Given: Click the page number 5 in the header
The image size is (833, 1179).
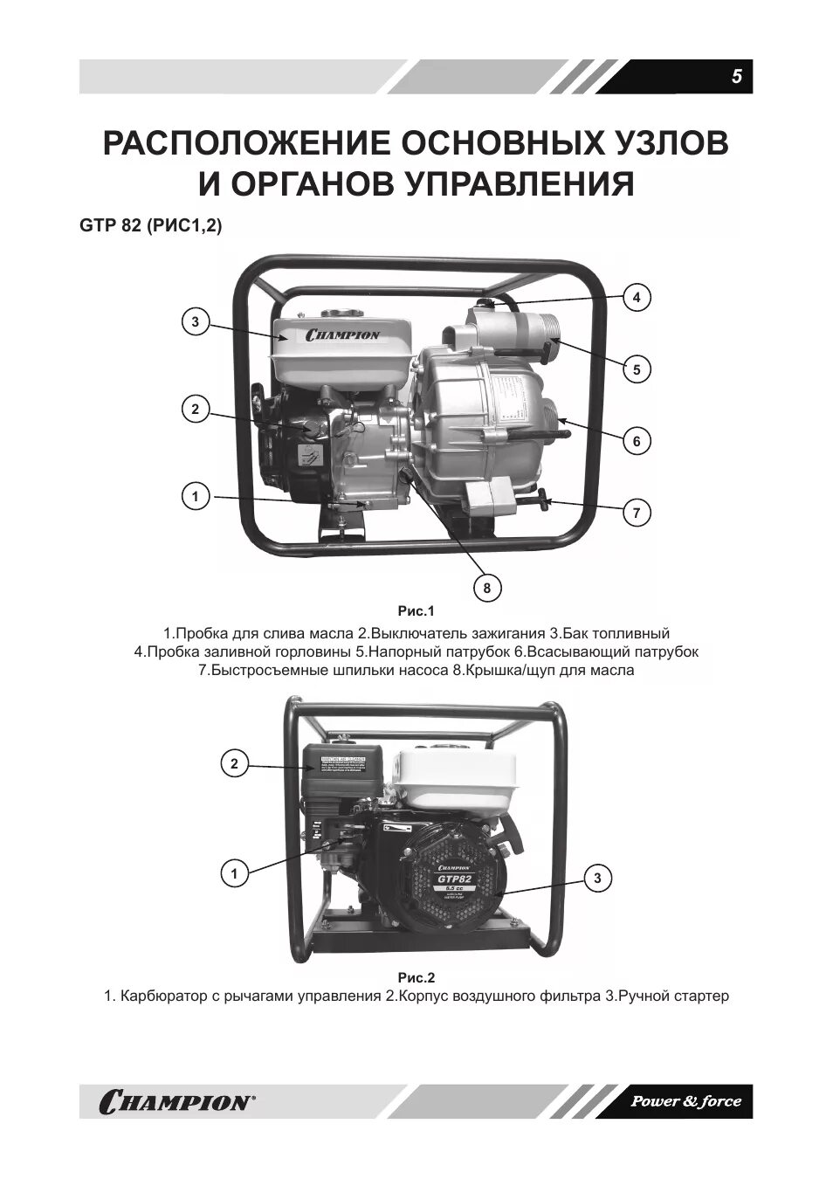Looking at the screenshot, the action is click(736, 77).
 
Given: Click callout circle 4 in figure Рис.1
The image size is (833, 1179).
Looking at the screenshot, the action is click(637, 298).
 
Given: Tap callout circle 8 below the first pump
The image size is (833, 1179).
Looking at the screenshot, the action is click(487, 588).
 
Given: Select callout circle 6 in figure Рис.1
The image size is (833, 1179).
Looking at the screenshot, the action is click(637, 441).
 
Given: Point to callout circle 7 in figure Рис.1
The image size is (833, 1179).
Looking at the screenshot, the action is click(637, 513).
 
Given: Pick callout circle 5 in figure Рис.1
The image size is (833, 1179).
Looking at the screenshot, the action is click(637, 369).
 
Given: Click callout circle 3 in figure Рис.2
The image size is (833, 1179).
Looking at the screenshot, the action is click(597, 879).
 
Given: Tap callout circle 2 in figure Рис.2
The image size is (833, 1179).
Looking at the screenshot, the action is click(233, 764).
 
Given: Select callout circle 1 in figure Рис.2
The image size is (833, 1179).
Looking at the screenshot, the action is click(233, 872).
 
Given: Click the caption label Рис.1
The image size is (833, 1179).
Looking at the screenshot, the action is click(416, 611).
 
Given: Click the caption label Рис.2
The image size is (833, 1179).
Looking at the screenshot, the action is click(416, 977).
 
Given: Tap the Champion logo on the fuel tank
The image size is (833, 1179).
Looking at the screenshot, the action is click(341, 334).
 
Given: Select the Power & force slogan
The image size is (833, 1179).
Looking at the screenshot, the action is click(685, 1101).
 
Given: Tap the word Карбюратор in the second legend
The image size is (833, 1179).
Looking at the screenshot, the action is click(163, 996).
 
